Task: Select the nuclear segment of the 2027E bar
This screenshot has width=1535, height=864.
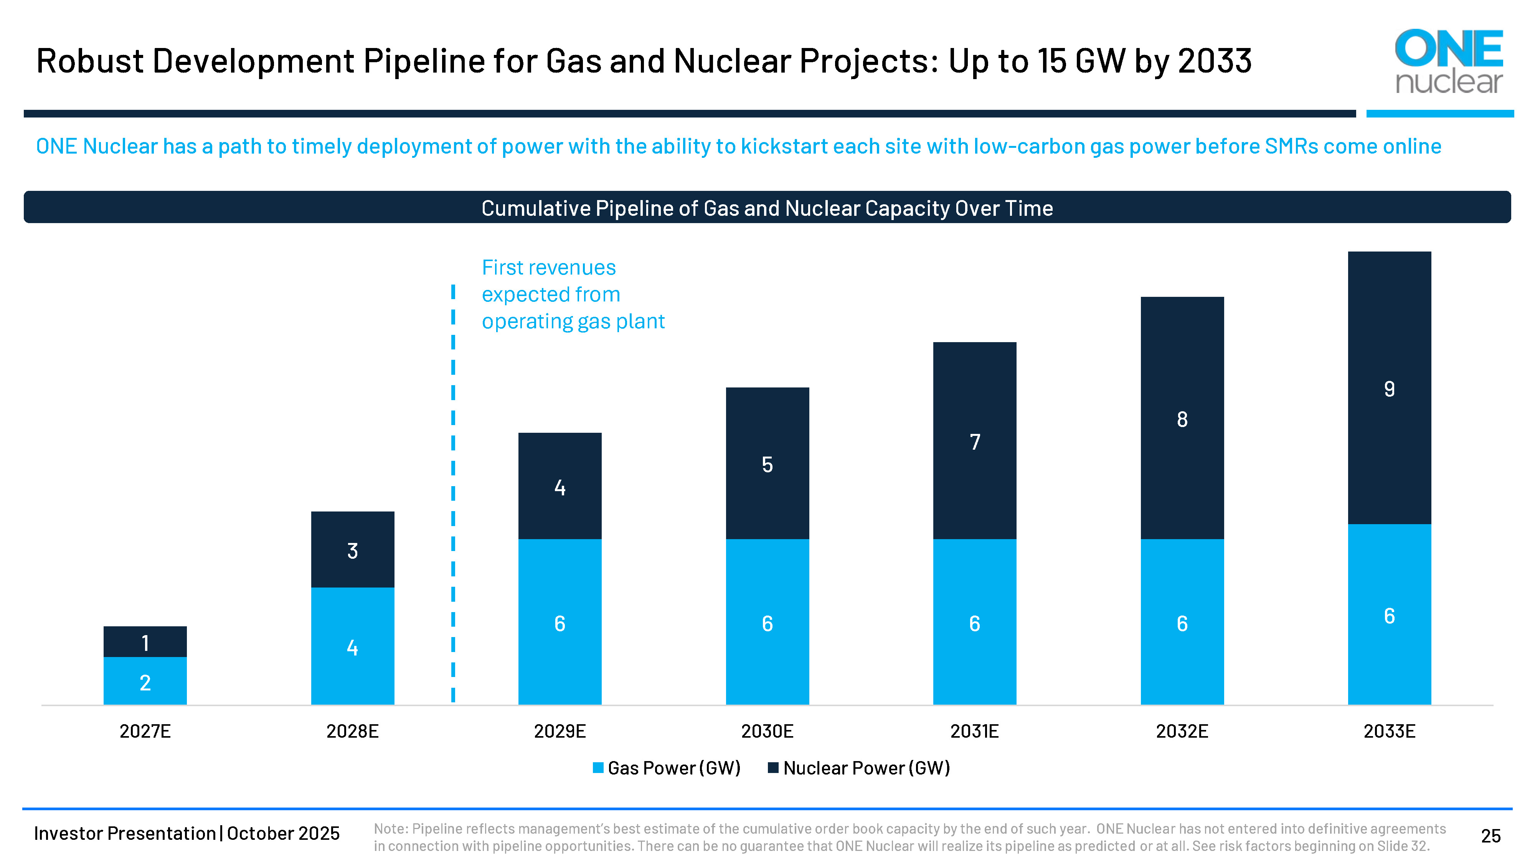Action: [145, 642]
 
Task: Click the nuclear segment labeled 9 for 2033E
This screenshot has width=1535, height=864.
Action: [1389, 388]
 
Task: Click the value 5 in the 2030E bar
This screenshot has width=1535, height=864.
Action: [767, 465]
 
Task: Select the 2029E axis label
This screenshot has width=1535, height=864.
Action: [560, 731]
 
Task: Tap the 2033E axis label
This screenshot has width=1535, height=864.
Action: [1389, 731]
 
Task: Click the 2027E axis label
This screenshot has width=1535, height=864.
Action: [145, 731]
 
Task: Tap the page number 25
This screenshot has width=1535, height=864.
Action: [1490, 836]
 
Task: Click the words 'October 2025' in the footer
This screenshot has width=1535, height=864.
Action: [283, 833]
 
